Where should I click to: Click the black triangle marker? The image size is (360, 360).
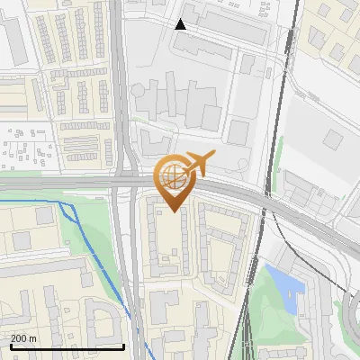tap(181, 24)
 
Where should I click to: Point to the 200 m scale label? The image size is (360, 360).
tap(24, 338)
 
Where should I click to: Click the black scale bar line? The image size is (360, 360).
tap(67, 346)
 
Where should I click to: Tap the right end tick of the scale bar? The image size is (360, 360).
tap(123, 345)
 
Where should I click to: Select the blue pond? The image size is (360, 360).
tap(286, 283)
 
